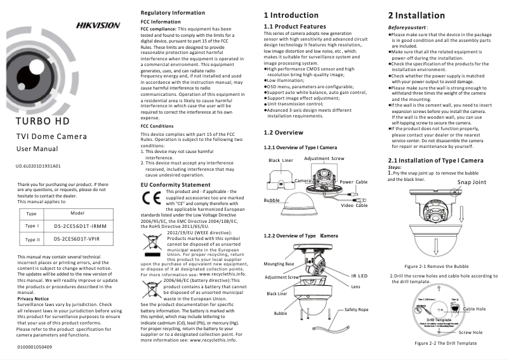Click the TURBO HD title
42,121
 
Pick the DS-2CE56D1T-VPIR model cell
77,239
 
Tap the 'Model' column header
77,213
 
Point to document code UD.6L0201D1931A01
37,166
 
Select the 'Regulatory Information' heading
172,13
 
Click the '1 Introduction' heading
291,15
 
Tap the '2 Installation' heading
416,15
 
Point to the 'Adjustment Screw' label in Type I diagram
324,158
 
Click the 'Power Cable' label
354,182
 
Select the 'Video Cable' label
354,205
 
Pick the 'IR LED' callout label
359,276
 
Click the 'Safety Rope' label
356,309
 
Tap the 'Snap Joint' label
471,182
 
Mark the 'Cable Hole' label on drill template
474,309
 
